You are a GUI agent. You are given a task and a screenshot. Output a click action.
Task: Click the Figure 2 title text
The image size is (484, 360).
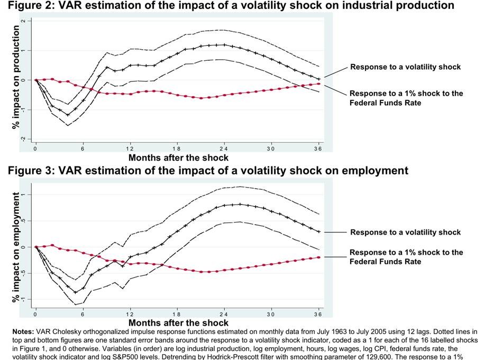click(x=227, y=5)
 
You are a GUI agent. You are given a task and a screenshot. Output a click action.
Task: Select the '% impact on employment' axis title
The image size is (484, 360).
click(x=15, y=247)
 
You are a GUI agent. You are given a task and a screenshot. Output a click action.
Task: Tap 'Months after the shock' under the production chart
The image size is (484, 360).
click(x=178, y=158)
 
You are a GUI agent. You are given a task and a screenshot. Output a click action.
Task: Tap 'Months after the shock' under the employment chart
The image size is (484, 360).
click(x=178, y=322)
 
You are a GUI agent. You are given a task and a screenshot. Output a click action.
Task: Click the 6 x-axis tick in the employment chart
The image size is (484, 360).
click(x=83, y=313)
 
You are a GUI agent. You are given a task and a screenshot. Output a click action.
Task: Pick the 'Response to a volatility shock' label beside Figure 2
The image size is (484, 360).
click(x=405, y=67)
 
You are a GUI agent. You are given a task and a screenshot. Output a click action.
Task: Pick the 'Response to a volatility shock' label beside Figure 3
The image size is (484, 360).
click(x=405, y=232)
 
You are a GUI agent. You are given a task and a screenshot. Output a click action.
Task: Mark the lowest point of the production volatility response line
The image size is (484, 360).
click(x=68, y=115)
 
